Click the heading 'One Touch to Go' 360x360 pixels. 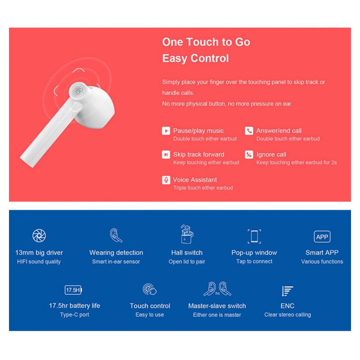coord(206,42)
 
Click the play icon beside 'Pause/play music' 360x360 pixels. coord(166,131)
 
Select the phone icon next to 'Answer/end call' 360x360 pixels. coord(249,131)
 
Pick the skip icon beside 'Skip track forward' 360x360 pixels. coord(166,155)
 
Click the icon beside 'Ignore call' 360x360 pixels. coord(249,155)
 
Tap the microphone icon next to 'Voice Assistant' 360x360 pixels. coord(166,180)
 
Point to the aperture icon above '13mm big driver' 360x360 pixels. coord(39,235)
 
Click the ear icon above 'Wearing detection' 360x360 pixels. coord(116,235)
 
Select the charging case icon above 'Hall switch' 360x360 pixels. coord(187,234)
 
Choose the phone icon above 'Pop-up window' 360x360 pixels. coord(254,236)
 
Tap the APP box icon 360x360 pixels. coord(322,237)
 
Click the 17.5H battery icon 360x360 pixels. coord(74,290)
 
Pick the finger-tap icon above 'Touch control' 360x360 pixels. coord(149,289)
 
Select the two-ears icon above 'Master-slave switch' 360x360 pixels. coord(217,288)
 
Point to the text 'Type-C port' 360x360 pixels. coord(75,315)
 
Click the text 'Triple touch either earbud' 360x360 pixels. coord(203,188)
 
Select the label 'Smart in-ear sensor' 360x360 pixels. coord(116,261)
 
